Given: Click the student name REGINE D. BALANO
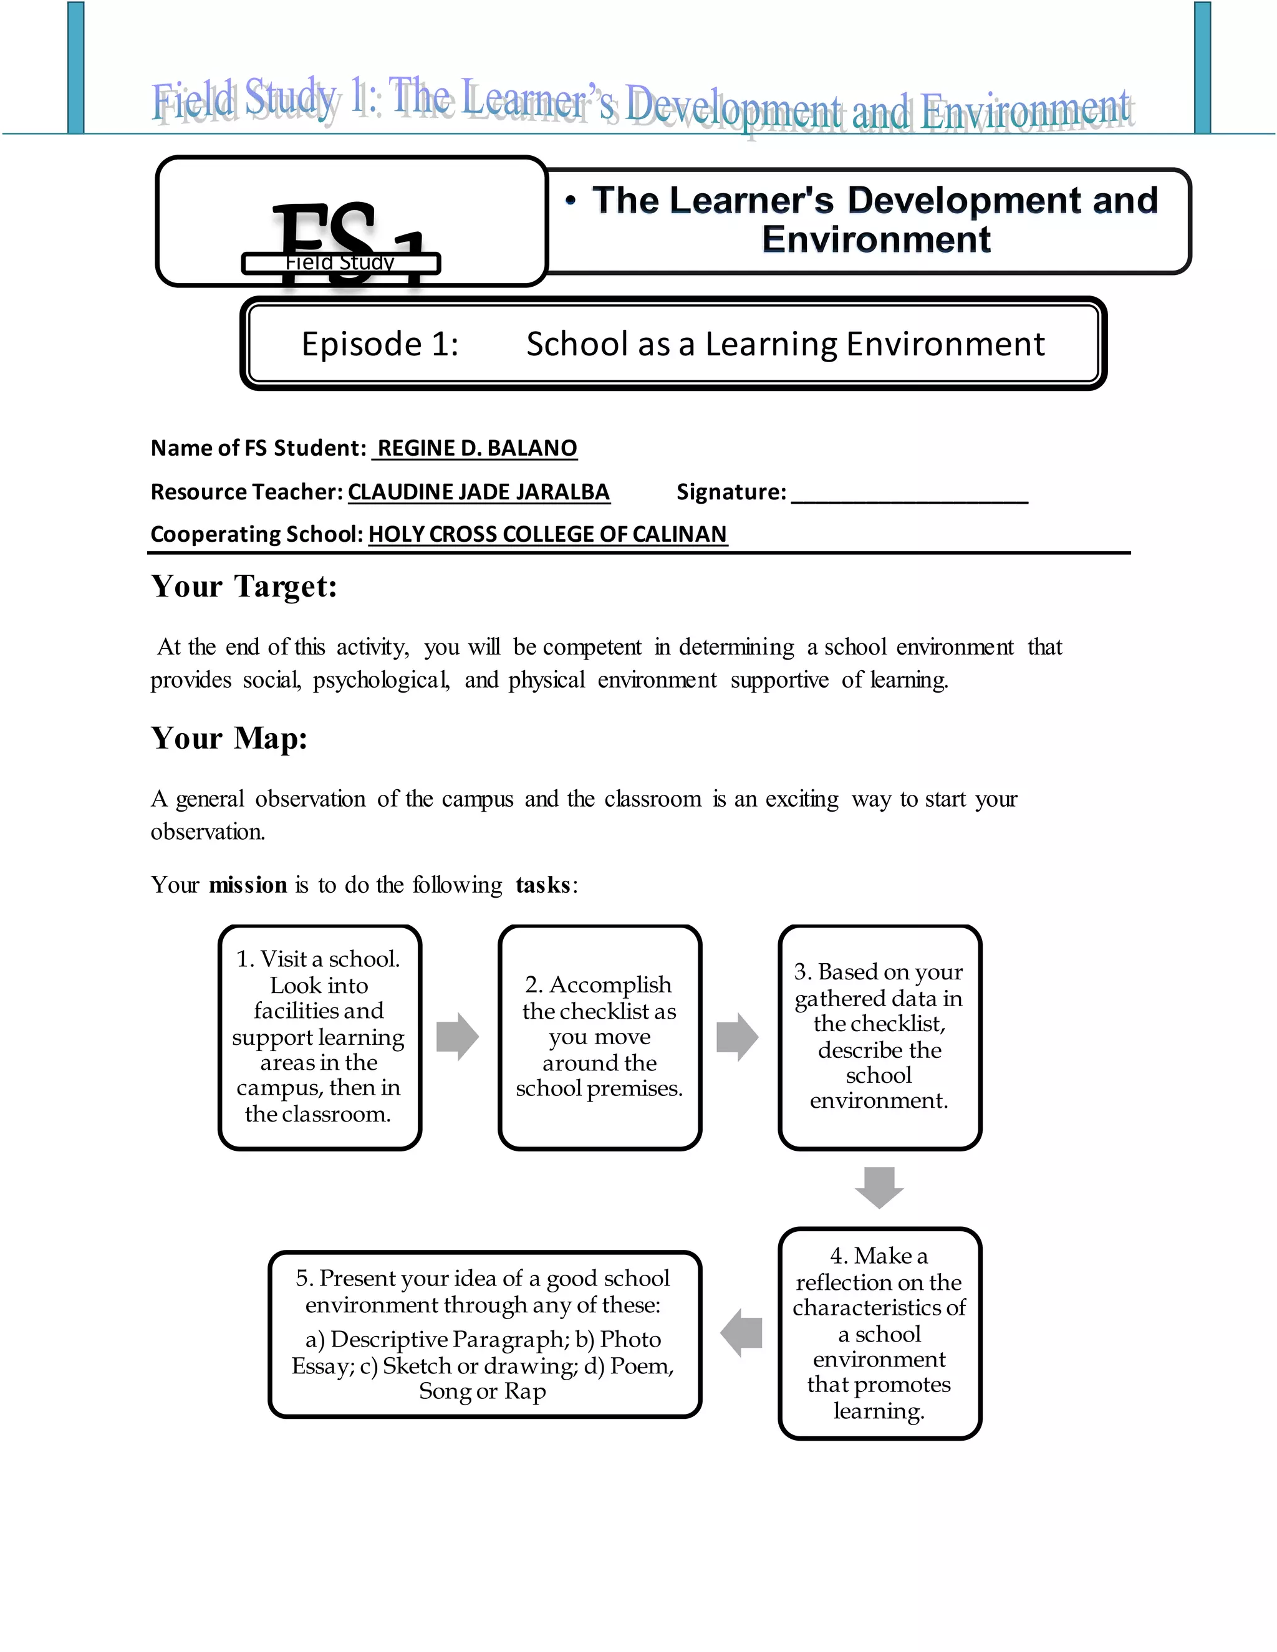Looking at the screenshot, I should (x=476, y=449).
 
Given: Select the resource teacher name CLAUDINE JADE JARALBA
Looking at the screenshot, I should (x=478, y=492).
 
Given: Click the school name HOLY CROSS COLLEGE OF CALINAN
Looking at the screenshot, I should (x=547, y=535).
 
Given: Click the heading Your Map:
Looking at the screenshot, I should (x=229, y=739).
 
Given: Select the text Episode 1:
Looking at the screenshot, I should (x=380, y=344).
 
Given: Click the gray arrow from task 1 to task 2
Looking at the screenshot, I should (x=458, y=1036).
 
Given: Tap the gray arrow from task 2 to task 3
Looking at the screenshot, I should (x=738, y=1036).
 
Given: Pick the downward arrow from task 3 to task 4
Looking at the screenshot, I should (x=879, y=1187).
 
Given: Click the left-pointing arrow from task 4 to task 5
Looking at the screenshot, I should (x=741, y=1333).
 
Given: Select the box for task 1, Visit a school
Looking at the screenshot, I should (x=319, y=1036).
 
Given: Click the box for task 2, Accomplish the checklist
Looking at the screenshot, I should (x=599, y=1036).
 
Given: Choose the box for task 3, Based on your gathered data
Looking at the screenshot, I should (x=879, y=1036).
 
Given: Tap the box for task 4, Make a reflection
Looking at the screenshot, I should (x=879, y=1333).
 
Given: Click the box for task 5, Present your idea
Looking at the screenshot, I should (x=484, y=1333).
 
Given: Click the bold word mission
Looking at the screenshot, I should (x=248, y=885).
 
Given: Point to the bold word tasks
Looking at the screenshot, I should (x=542, y=885).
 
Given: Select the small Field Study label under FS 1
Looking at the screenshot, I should (x=340, y=263).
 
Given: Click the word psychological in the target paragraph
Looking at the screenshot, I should (x=380, y=680).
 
